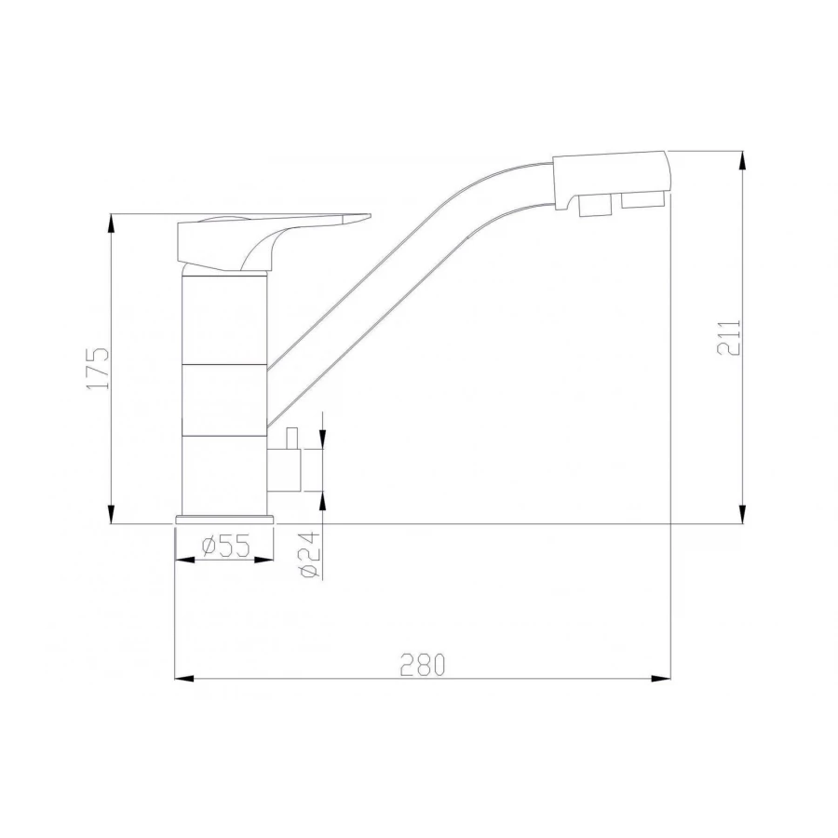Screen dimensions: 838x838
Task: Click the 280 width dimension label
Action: point(423,665)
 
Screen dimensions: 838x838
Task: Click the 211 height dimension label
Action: point(729,337)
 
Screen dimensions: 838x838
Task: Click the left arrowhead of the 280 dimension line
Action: point(183,677)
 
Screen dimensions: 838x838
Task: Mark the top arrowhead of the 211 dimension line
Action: point(742,159)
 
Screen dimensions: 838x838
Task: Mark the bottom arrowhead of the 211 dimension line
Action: point(742,515)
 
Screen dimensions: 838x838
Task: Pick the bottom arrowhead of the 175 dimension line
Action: point(112,515)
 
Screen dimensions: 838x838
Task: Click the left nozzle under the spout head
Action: point(589,206)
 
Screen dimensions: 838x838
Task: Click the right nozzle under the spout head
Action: point(642,199)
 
